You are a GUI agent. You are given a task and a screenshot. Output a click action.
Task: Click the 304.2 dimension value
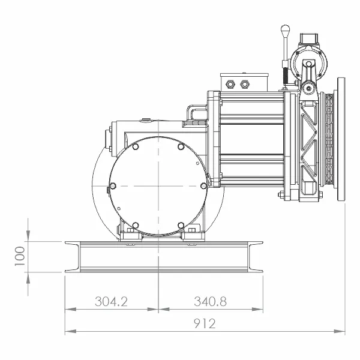[111, 301]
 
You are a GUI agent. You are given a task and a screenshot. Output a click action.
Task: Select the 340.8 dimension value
[211, 301]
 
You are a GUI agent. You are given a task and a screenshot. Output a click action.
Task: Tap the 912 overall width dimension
[205, 323]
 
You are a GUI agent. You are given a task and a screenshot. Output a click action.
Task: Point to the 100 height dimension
[20, 256]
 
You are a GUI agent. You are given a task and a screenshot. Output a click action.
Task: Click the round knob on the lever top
[285, 30]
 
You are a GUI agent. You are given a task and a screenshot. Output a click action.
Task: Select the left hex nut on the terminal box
[230, 84]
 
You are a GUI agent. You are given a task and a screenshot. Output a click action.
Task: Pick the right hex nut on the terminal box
[244, 84]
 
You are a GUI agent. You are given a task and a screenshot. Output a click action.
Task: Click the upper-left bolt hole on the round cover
[136, 146]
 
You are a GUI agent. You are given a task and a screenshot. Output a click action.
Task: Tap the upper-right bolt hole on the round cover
[181, 146]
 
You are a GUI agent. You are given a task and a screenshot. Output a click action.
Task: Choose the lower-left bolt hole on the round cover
[136, 225]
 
